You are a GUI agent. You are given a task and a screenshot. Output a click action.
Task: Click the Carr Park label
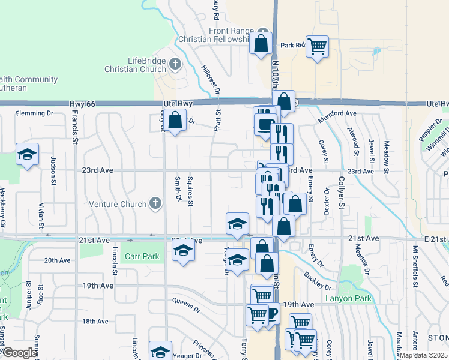point(142,256)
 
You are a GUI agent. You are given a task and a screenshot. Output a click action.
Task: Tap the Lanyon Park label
point(348,298)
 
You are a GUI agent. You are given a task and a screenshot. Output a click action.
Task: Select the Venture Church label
point(118,204)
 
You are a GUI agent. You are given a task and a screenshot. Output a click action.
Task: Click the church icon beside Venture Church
point(156,203)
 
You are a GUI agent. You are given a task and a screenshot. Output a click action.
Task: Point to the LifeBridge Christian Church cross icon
point(175,63)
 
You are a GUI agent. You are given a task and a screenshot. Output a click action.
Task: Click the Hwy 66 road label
point(83,104)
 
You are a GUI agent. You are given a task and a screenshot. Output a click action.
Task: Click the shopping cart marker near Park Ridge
point(317,46)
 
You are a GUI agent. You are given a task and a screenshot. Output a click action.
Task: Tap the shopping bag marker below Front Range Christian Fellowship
point(261,44)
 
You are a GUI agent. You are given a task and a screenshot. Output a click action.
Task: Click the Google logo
point(20,353)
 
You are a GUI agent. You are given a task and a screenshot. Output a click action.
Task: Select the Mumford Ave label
point(337,113)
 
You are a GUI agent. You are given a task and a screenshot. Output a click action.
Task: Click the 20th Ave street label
point(58,261)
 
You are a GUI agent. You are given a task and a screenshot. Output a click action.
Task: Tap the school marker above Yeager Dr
point(160,350)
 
